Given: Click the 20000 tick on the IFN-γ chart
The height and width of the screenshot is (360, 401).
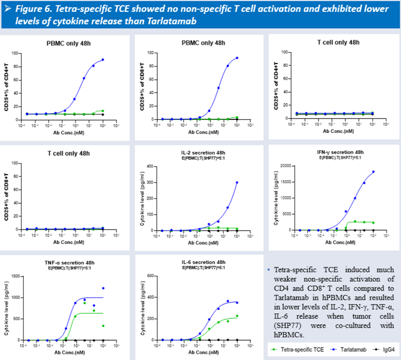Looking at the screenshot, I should (284, 166).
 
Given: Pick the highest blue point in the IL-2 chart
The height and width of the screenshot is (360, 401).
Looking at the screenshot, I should (237, 182).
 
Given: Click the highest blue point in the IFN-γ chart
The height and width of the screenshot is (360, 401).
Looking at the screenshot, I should (373, 172).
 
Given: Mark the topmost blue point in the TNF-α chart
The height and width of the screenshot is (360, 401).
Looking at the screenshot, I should (103, 288).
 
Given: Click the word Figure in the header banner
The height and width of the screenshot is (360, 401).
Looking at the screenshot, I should (29, 9).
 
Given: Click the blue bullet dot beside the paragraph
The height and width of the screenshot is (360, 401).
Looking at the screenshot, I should (269, 270).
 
